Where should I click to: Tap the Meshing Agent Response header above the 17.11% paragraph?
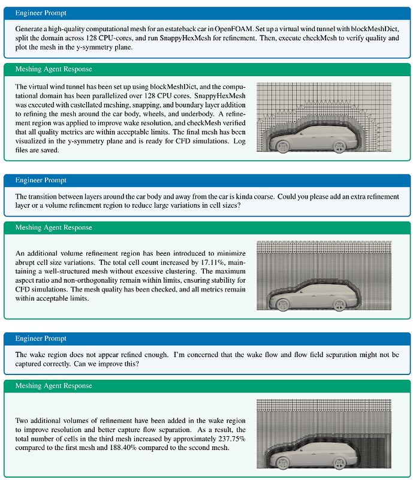click(53, 227)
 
